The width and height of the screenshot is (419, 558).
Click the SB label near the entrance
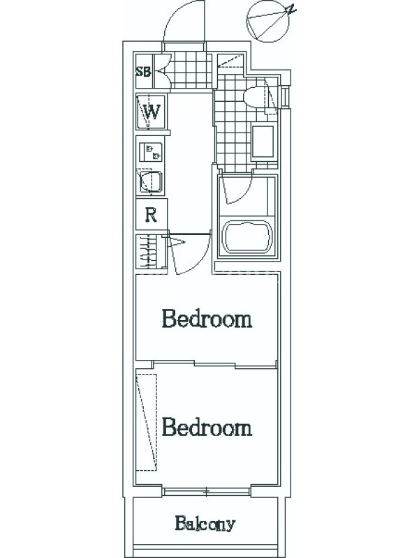pos(143,72)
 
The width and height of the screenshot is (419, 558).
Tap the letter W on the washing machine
pos(152,112)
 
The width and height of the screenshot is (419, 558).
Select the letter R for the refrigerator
pos(152,215)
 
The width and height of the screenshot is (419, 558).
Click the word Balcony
pos(205,525)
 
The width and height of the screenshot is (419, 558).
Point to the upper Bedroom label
pos(207,319)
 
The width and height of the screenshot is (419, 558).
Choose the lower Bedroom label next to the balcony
pos(207,427)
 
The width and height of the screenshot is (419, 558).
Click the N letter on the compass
pos(292,9)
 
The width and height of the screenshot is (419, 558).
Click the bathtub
pos(248,236)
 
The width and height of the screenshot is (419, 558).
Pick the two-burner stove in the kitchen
pos(150,152)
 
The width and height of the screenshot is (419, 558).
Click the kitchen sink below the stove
pos(151,182)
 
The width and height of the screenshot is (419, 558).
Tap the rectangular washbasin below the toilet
pos(263,142)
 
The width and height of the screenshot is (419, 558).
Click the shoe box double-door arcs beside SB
pos(165,72)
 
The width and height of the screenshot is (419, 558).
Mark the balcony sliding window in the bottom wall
pos(207,492)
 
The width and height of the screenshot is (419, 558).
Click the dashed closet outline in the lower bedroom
pos(147,423)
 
